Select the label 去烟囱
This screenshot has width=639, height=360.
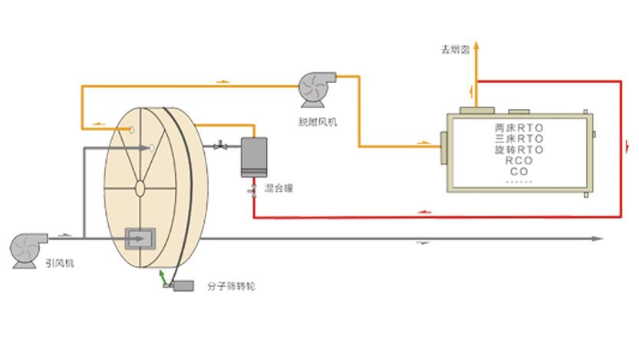point(454,50)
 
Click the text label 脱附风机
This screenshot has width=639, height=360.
point(316,121)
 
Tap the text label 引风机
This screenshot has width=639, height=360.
point(59,263)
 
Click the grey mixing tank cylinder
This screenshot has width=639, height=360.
point(252,157)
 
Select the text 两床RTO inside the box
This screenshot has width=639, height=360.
point(519,127)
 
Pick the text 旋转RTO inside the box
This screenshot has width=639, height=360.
point(519,149)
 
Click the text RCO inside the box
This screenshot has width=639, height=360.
point(519,160)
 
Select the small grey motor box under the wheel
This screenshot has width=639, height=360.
point(183,286)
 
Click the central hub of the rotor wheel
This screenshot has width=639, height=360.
point(140,187)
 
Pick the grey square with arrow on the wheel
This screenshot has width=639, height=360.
point(139,239)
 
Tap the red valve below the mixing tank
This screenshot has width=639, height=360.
point(252,190)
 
